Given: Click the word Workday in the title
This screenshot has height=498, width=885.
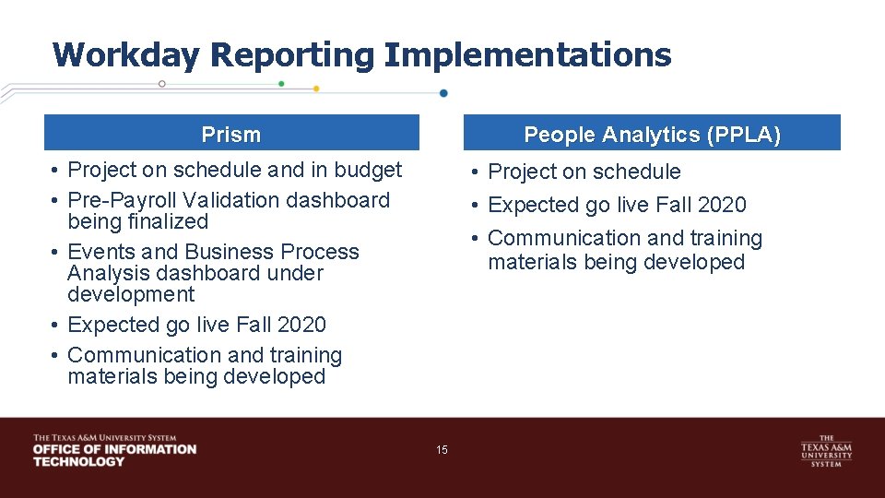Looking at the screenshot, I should [124, 55].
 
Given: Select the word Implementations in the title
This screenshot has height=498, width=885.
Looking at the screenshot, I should [527, 55].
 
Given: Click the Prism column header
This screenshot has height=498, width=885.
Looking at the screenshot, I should [231, 135].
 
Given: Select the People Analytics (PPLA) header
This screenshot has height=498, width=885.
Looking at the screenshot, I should [652, 135].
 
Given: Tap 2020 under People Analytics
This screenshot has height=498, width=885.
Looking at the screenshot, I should [721, 205].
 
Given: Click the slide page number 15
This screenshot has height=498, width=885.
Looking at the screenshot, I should [442, 450].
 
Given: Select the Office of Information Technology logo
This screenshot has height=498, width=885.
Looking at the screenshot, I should [114, 450].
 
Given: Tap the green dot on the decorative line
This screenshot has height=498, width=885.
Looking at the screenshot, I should [281, 83].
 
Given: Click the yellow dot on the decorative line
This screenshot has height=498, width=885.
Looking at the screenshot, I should [316, 89].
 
